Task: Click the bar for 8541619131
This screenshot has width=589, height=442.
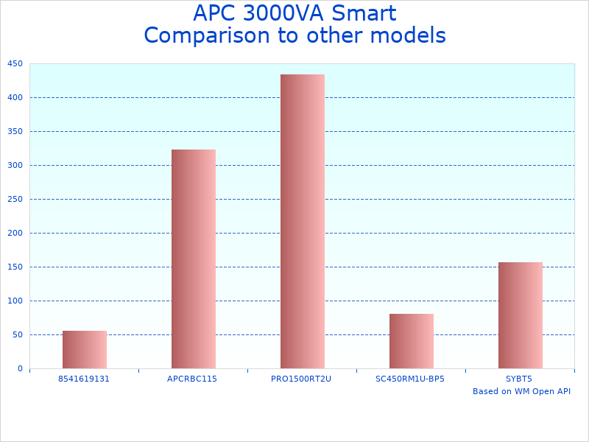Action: pos(85,350)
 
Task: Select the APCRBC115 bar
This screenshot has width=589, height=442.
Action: pos(194,259)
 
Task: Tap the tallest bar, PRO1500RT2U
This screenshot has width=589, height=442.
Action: pos(303,221)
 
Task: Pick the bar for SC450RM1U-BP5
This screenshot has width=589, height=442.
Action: pos(412,341)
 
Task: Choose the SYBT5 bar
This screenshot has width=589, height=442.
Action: pos(521,315)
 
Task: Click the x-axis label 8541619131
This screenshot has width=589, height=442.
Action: pos(84,379)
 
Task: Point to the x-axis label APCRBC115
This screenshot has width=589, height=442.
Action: pos(192,379)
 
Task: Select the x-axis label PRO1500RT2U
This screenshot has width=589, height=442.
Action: pos(301,379)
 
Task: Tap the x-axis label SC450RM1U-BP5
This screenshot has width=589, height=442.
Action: pos(410,379)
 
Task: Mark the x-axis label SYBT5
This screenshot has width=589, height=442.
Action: pos(519,379)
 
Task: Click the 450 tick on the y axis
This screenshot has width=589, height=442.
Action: pos(15,64)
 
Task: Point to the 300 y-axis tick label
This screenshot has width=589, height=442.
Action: pos(15,165)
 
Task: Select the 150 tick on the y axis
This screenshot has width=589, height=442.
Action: pos(15,267)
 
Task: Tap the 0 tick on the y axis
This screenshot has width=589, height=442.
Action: pos(20,368)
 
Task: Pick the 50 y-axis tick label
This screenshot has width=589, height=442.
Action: pos(18,334)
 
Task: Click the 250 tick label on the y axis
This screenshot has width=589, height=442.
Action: pos(15,199)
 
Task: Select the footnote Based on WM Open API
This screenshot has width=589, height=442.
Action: pos(521,391)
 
